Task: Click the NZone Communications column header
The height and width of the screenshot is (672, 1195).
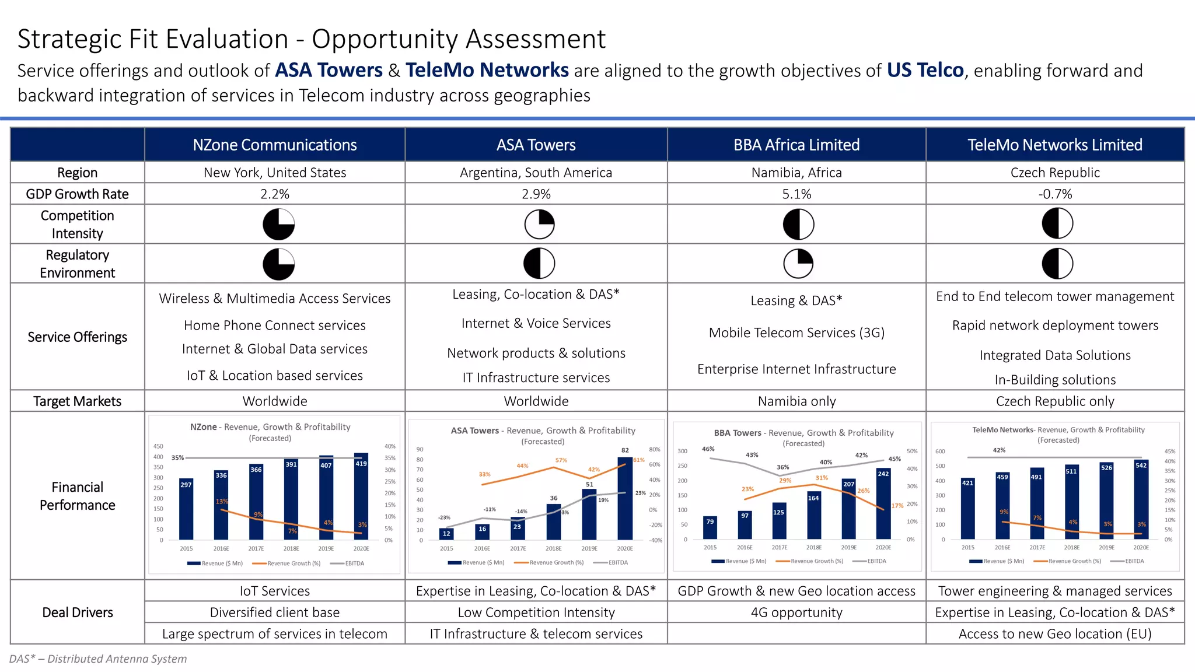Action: point(274,145)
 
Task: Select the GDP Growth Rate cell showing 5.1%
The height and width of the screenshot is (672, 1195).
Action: point(796,194)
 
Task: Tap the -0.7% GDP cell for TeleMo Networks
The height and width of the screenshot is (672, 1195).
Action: point(1055,194)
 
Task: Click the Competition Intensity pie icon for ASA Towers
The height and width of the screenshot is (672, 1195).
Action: point(539,224)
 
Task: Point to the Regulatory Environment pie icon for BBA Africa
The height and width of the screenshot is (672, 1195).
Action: point(798,264)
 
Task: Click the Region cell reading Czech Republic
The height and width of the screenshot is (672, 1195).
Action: point(1055,173)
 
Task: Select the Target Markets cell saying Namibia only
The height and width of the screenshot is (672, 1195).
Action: point(796,401)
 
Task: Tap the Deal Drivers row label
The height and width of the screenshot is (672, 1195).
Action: point(78,612)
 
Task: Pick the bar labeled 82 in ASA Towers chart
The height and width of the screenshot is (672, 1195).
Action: point(625,499)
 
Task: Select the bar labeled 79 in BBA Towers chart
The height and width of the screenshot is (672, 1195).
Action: point(710,528)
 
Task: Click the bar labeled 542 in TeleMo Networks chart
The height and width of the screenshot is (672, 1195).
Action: point(1141,501)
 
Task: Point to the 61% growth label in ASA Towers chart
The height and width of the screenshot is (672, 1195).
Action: point(639,460)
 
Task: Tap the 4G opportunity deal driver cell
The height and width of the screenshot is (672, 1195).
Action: point(796,612)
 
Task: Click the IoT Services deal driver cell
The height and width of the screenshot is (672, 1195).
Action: point(274,591)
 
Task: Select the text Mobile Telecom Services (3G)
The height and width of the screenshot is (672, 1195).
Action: point(796,332)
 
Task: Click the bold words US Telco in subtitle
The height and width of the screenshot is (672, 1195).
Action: point(925,71)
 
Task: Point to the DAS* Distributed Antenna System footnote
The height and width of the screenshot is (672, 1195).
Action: point(98,659)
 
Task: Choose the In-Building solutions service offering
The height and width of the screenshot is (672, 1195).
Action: point(1055,380)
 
